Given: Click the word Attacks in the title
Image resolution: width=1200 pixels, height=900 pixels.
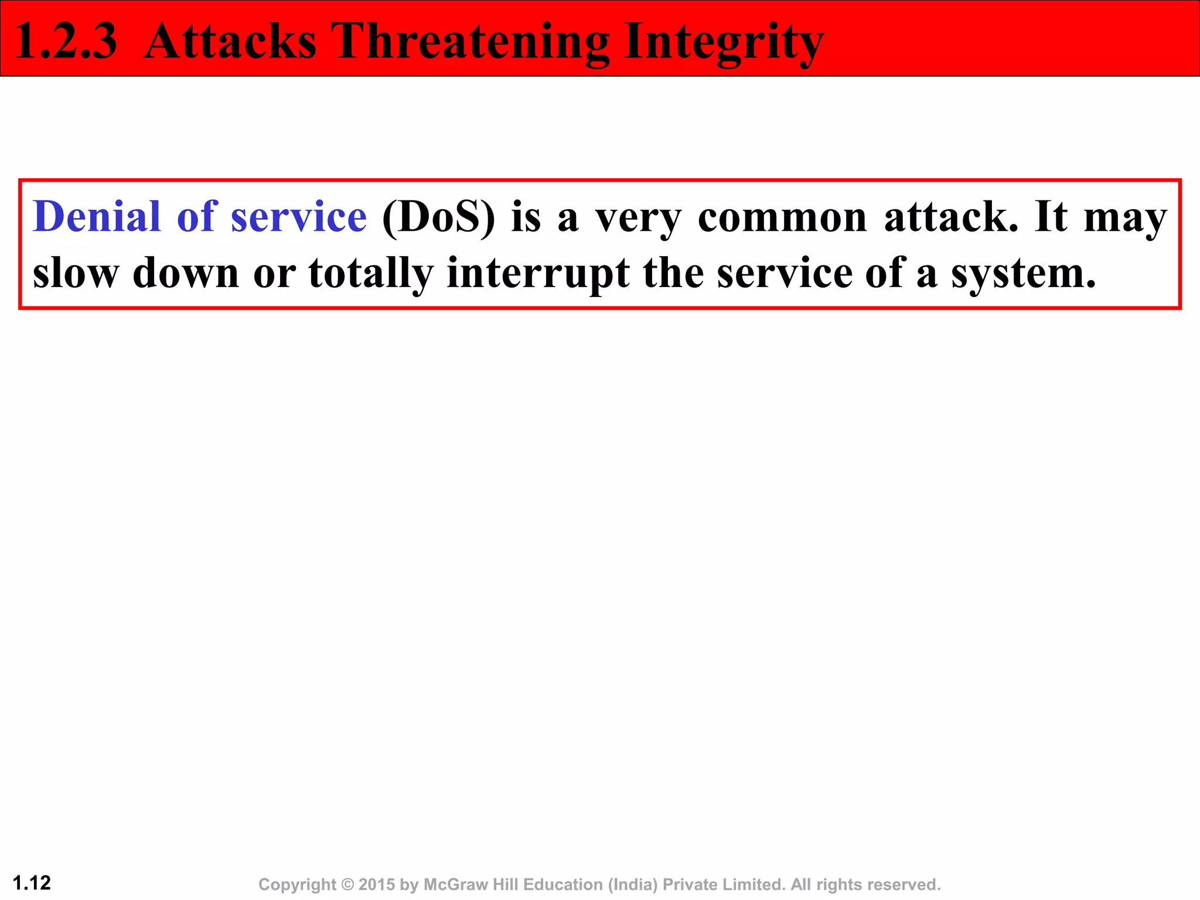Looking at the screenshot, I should pos(230,41).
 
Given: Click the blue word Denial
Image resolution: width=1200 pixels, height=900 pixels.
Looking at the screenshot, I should pos(97,217).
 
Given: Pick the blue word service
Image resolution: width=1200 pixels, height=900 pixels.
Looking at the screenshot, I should pos(299,217).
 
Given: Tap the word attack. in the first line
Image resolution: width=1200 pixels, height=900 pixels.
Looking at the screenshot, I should pos(952,217).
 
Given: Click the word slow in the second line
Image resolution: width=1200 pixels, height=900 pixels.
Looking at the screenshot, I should pos(76,273).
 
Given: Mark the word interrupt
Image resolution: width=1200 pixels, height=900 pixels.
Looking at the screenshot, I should pos(538,274).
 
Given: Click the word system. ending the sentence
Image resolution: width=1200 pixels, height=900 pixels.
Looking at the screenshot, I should pos(1023,274).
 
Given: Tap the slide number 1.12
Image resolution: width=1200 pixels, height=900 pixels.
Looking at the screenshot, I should pos(32,883).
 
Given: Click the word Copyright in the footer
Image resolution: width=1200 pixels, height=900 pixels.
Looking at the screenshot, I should pos(297,885).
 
